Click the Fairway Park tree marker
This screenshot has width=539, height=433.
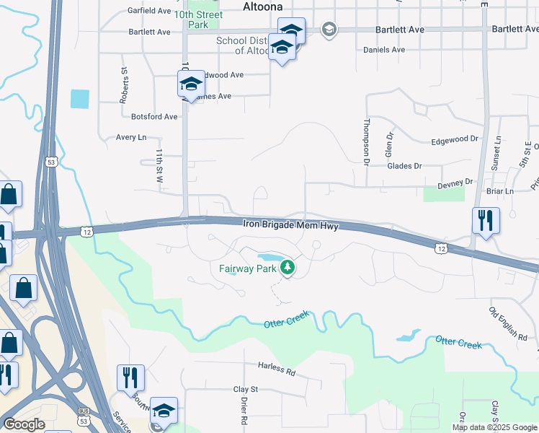pyautogui.click(x=288, y=268)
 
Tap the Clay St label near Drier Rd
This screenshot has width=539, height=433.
pyautogui.click(x=245, y=389)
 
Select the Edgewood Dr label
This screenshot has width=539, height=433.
pyautogui.click(x=455, y=139)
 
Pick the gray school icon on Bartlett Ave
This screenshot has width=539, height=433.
pyautogui.click(x=329, y=29)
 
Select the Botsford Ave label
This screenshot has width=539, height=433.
pyautogui.click(x=154, y=116)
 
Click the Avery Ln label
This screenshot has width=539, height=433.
pyautogui.click(x=130, y=136)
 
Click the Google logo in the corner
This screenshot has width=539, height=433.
pyautogui.click(x=24, y=424)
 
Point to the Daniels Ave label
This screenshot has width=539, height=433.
pyautogui.click(x=384, y=50)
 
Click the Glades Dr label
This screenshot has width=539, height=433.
pyautogui.click(x=404, y=165)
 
